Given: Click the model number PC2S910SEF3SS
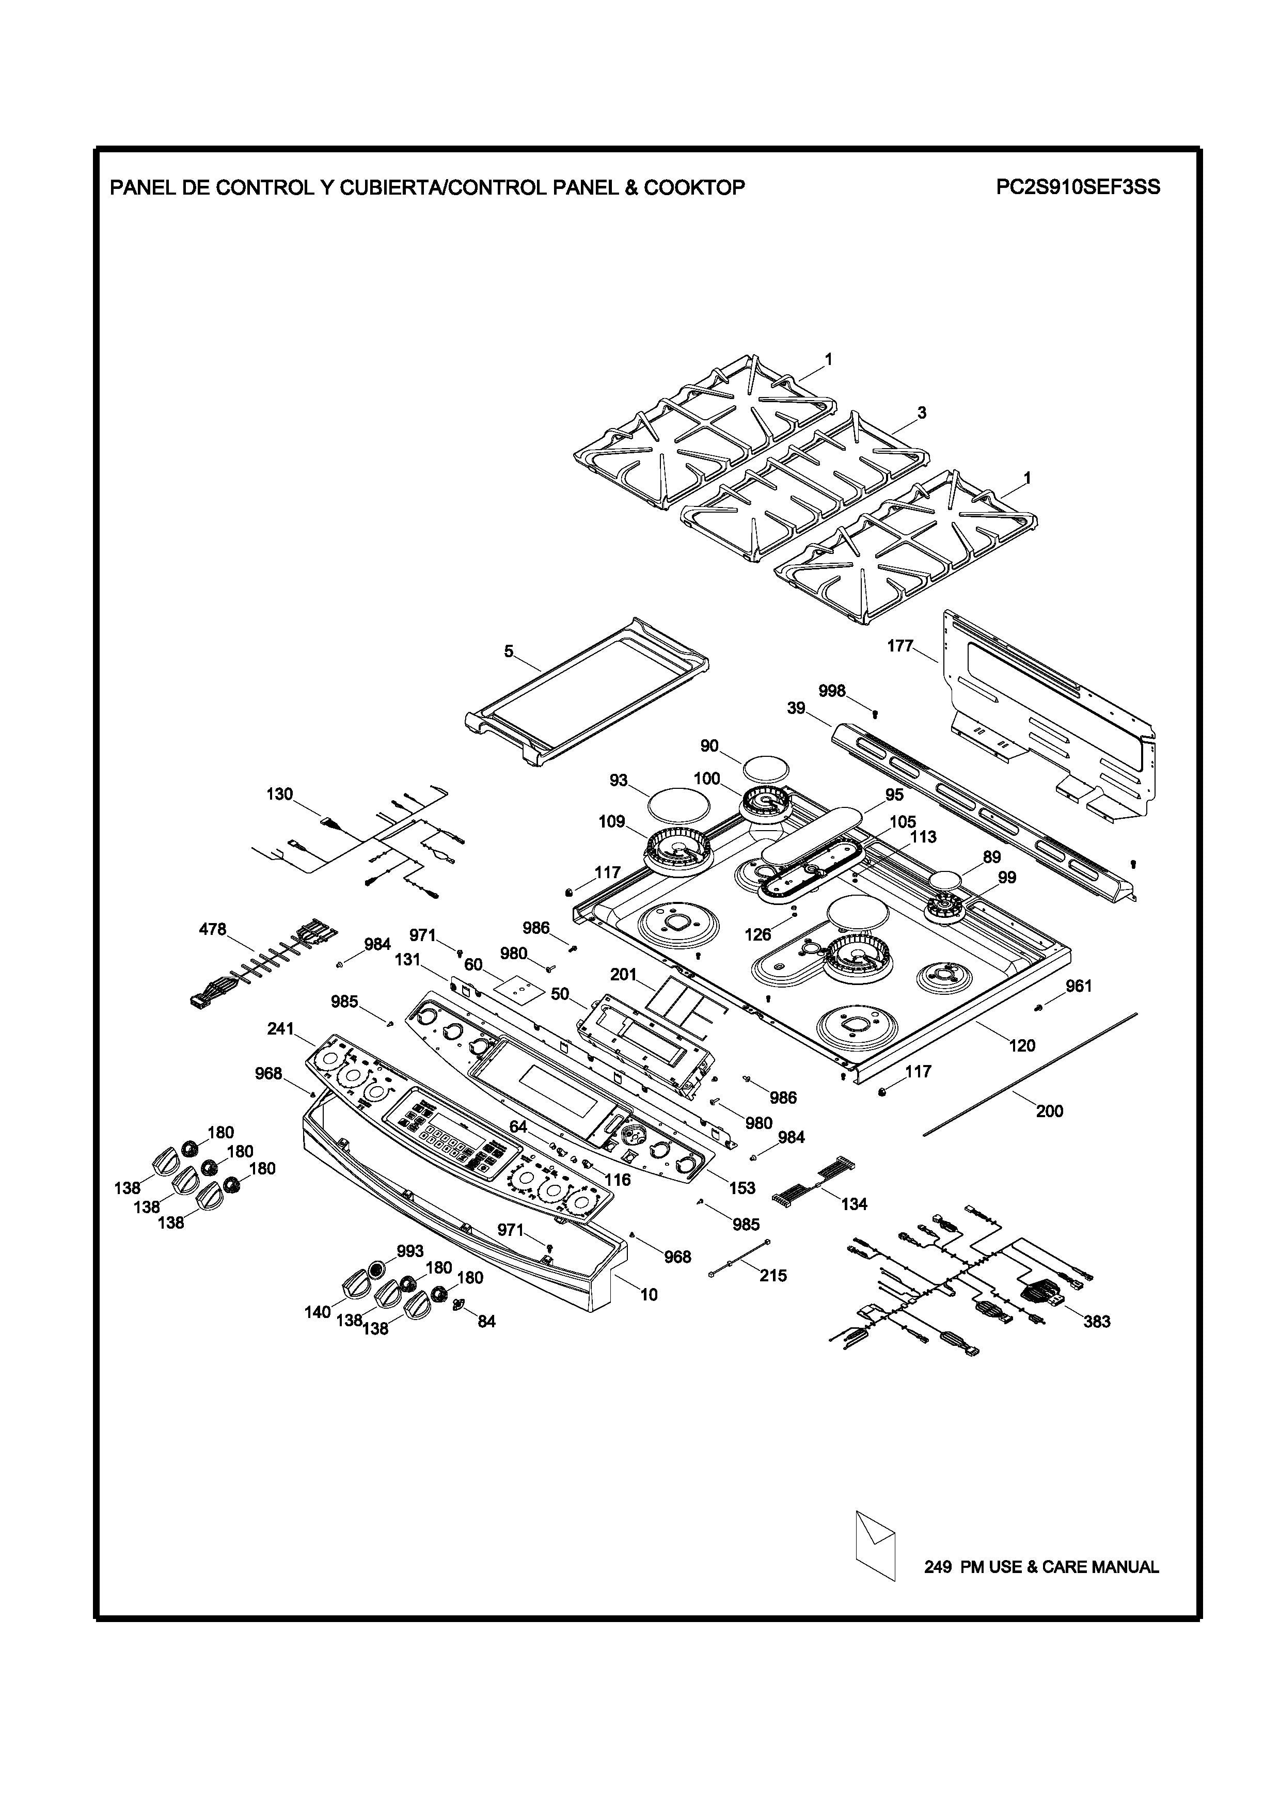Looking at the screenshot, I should [1077, 188].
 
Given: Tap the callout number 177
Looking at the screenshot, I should [900, 646].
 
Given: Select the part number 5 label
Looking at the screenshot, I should [509, 652].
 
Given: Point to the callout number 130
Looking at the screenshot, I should [279, 795].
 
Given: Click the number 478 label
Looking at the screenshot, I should [212, 930].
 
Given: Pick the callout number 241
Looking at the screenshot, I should [280, 1028].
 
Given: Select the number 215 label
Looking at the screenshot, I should [773, 1276].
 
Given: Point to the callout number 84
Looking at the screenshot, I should [486, 1321].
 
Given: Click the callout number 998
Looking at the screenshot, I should [832, 691].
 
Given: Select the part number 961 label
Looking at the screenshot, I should [1079, 986].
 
